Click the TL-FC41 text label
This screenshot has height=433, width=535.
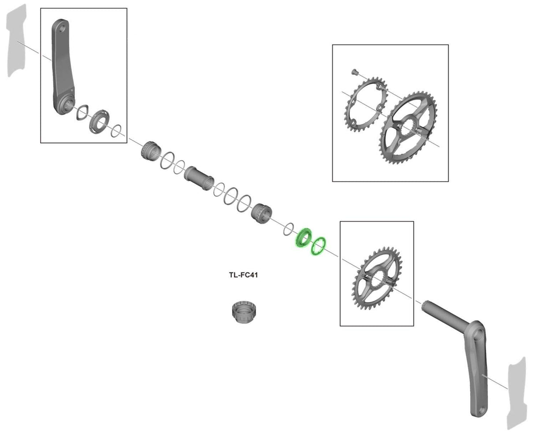tap(243, 275)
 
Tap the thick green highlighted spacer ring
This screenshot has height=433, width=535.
tap(303, 238)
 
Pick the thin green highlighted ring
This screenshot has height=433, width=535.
tap(318, 246)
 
